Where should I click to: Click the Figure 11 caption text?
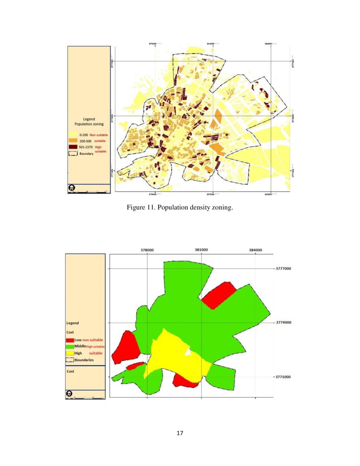click(x=180, y=208)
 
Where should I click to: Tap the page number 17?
click(x=180, y=433)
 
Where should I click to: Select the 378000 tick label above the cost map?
click(x=147, y=250)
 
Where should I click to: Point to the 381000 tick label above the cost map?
click(x=201, y=250)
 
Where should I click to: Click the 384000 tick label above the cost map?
click(x=255, y=250)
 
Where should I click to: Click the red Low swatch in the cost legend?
click(x=70, y=340)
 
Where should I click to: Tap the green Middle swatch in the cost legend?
click(x=70, y=347)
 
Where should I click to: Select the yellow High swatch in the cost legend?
click(x=70, y=353)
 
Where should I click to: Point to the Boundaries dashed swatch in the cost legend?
click(x=70, y=360)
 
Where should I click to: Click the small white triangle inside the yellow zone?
click(x=188, y=352)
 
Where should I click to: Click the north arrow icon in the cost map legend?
click(x=69, y=394)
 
